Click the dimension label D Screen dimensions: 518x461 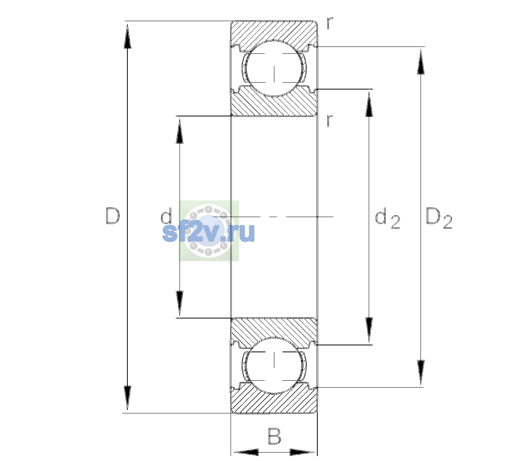112,216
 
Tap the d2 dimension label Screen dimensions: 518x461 388,218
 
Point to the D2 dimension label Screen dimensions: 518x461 439,218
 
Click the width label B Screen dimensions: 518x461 274,436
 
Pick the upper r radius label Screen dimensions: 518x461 330,23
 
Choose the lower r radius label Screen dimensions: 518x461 330,121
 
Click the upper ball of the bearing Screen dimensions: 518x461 274,68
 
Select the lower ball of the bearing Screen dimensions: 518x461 274,365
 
